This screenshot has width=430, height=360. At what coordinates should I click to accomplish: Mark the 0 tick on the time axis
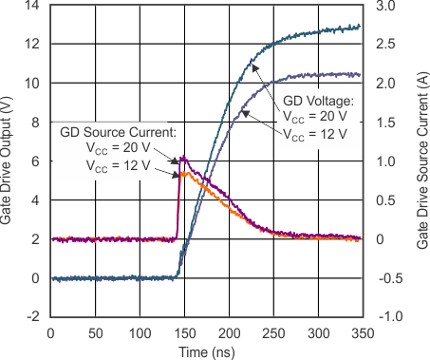[x=49, y=332]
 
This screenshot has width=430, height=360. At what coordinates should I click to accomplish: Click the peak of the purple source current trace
[x=182, y=158]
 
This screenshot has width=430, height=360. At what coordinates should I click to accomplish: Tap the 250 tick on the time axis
[x=272, y=332]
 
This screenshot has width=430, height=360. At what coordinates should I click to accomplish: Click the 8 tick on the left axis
[x=35, y=123]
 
